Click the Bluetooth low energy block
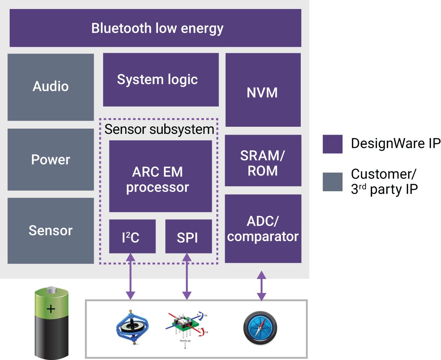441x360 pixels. pos(155,28)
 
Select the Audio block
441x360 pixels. pos(51,87)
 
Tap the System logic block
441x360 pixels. pos(160,79)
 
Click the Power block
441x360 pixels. pos(51,160)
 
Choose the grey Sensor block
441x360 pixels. pos(51,230)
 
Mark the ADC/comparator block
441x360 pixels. pos(262,228)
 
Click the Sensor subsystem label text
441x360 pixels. pos(159,129)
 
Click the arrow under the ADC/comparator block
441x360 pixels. pos(261,286)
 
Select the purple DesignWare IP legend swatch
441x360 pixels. pos(332,144)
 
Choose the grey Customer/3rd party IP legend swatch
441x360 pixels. pos(332,182)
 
